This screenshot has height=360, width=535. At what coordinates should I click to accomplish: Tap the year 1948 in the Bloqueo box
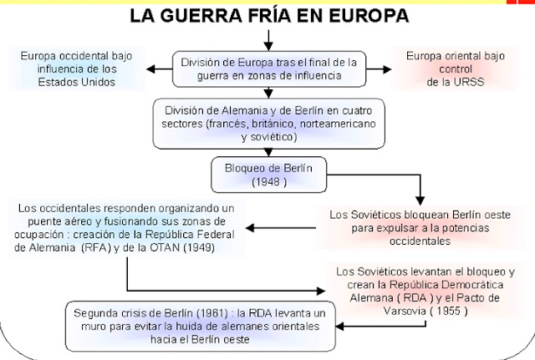click(x=266, y=182)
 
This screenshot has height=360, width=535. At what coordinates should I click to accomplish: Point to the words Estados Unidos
click(x=76, y=82)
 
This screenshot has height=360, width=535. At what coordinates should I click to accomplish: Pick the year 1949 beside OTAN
click(x=199, y=247)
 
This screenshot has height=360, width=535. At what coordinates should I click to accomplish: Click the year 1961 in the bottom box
click(x=212, y=313)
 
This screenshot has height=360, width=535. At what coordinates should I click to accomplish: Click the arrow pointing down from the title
click(x=268, y=40)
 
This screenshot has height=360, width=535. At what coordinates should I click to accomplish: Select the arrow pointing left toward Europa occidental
click(x=160, y=69)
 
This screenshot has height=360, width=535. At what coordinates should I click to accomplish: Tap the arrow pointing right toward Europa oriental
click(x=379, y=69)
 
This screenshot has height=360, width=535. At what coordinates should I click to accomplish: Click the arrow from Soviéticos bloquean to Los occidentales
click(x=281, y=228)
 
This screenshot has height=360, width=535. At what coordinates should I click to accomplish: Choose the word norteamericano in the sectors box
click(x=338, y=124)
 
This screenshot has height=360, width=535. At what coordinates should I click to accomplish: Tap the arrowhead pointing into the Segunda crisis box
click(x=339, y=327)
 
